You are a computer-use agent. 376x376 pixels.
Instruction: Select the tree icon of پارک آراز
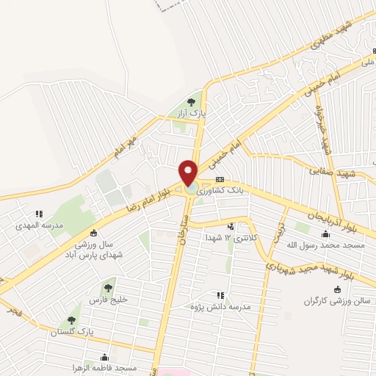pyautogui.click(x=192, y=102)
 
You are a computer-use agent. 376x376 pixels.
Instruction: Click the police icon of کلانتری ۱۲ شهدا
pyautogui.click(x=232, y=227)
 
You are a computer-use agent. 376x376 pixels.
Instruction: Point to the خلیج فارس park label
pyautogui.click(x=109, y=300)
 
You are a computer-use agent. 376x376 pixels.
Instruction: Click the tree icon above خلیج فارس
pyautogui.click(x=109, y=288)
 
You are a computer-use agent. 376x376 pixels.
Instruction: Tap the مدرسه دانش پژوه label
pyautogui.click(x=217, y=305)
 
